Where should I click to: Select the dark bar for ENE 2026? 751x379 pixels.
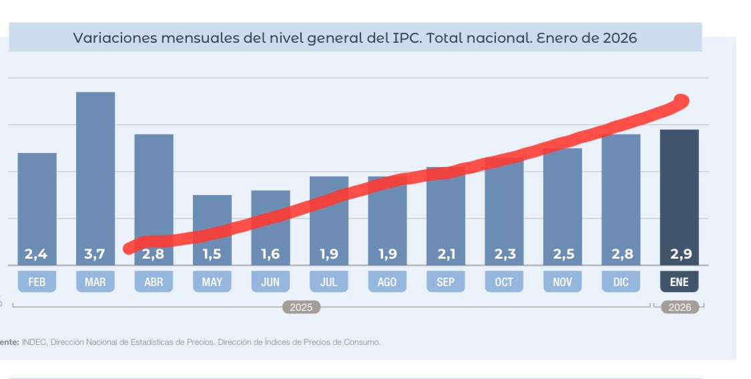[679, 194]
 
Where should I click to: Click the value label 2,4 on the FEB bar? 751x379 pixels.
[37, 255]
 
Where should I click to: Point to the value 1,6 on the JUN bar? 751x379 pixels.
[270, 255]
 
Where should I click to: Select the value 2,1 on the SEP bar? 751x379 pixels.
[445, 255]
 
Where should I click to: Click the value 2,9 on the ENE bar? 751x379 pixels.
[679, 255]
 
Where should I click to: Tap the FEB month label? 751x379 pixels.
[37, 282]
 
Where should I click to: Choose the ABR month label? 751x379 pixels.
[154, 282]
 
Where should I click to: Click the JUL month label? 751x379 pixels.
[328, 282]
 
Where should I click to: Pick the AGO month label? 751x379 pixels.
[387, 282]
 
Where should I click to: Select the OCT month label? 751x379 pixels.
[504, 282]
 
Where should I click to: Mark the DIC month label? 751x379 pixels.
[621, 282]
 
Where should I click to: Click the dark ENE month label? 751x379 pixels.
[679, 282]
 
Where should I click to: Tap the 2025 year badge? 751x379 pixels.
[301, 307]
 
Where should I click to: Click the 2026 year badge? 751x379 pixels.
[680, 307]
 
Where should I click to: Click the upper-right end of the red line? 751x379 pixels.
[681, 101]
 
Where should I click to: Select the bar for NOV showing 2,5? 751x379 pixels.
[562, 201]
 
